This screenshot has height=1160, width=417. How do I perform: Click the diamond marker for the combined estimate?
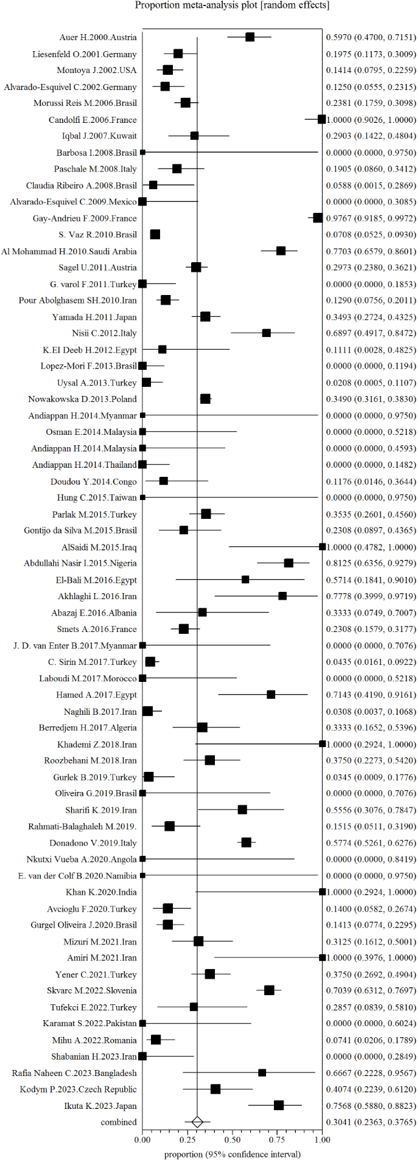(197, 1122)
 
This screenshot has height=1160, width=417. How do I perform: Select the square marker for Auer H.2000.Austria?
(250, 37)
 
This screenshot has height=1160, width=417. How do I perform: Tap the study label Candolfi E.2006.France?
(93, 120)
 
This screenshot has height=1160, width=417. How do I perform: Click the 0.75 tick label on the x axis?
(277, 1139)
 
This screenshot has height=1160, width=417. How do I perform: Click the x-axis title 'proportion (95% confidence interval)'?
(232, 1153)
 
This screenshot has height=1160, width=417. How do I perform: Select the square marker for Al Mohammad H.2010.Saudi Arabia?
(281, 251)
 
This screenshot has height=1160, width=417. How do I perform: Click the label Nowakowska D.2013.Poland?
(82, 399)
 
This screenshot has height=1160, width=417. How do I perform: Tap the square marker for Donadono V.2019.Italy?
(246, 842)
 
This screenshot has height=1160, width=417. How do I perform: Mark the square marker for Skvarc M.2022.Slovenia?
(269, 990)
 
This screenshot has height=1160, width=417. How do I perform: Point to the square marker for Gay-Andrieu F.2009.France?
(318, 218)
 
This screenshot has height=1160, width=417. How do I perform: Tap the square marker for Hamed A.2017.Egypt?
(271, 695)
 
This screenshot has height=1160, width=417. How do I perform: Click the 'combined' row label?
(119, 1122)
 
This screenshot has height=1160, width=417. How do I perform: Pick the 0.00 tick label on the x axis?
(142, 1139)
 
